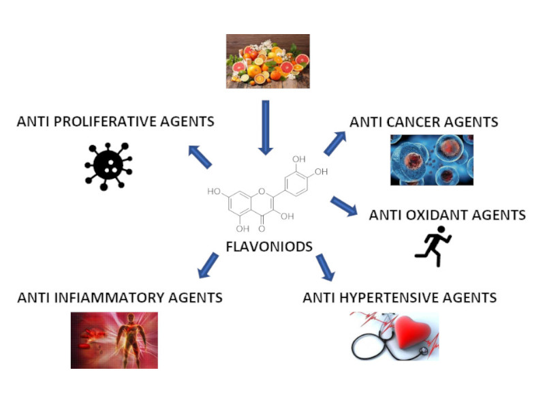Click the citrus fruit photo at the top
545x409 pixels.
tap(268, 61)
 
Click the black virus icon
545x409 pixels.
tap(108, 164)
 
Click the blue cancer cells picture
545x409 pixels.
tap(431, 160)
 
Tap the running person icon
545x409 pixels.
tap(433, 246)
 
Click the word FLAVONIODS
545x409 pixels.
tap(269, 246)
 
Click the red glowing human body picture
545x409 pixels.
tap(114, 340)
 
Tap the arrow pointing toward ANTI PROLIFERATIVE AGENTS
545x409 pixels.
tap(200, 157)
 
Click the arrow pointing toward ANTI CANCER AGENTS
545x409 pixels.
tap(334, 143)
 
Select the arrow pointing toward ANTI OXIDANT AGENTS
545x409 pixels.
tap(344, 206)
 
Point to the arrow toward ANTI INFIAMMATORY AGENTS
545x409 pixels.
tap(208, 266)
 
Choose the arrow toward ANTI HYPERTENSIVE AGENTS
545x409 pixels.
tap(325, 267)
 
